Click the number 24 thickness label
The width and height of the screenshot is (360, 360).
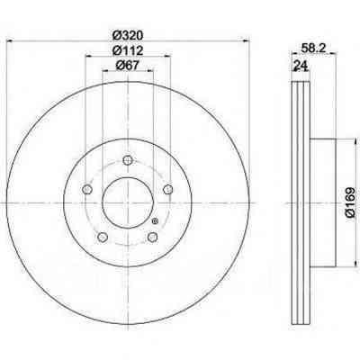tap(299, 68)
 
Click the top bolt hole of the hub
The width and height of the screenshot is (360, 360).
tap(128, 162)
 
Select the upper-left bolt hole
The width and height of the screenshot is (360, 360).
tap(85, 190)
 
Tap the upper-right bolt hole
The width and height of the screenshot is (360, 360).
tap(168, 188)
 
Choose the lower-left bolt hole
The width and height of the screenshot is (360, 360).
tap(102, 239)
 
